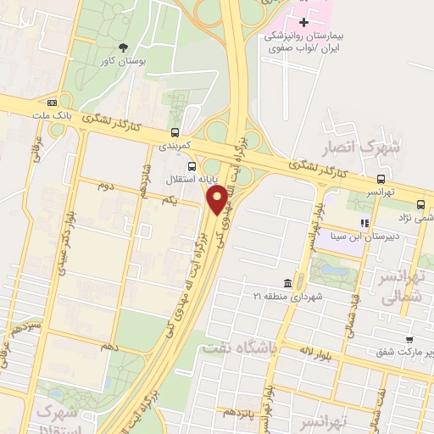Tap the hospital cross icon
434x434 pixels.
point(304,20)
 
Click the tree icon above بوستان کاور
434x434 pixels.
point(124,47)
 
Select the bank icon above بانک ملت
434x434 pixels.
point(53,103)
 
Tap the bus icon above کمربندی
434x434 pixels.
point(175,132)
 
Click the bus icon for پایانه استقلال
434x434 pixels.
point(192,166)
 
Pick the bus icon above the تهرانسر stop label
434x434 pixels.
point(381,179)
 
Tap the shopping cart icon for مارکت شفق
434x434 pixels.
point(409,337)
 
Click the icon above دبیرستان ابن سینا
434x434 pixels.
point(364,223)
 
